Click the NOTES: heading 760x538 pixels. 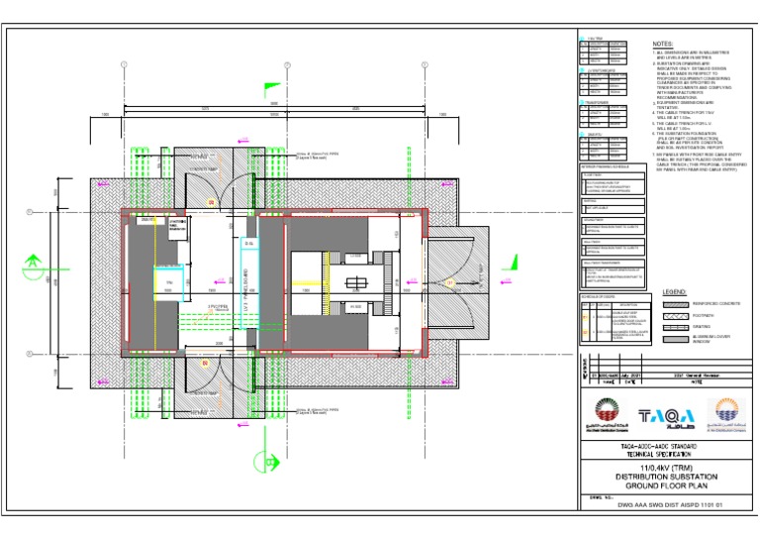coord(663,45)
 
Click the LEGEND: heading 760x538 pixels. coord(674,293)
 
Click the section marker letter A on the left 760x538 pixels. coord(33,263)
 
